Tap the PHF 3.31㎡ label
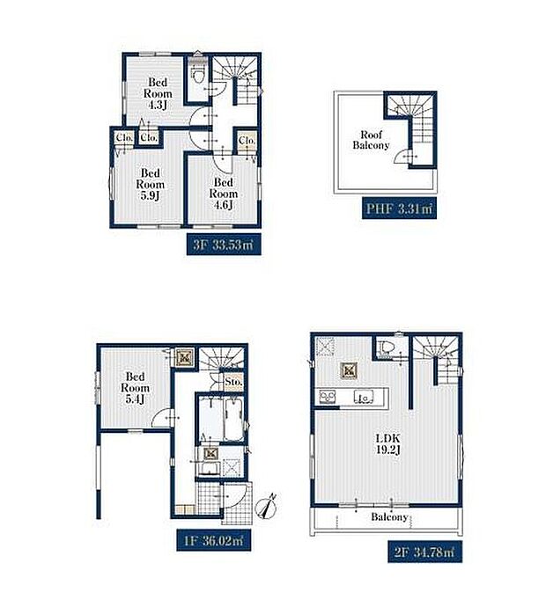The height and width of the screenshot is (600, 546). point(398,209)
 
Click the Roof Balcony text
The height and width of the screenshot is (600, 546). point(371,139)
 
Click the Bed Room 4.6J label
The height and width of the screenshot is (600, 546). point(225,194)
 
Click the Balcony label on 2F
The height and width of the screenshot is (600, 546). point(388,517)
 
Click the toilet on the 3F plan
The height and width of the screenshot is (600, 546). point(197,74)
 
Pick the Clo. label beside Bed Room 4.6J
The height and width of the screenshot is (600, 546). point(247,140)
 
